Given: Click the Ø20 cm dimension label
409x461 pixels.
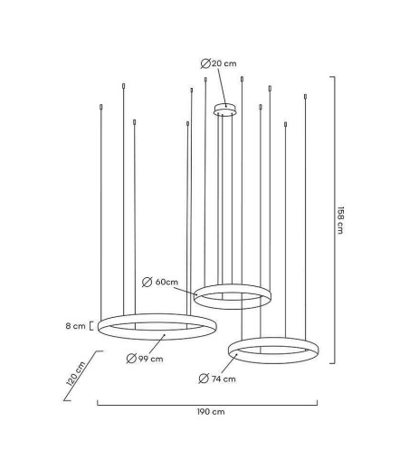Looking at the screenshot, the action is pyautogui.click(x=219, y=63).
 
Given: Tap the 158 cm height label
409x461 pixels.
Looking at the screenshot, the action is pyautogui.click(x=340, y=220).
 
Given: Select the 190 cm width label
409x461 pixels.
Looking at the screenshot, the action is pyautogui.click(x=211, y=412).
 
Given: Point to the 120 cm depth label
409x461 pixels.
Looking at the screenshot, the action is pyautogui.click(x=76, y=374).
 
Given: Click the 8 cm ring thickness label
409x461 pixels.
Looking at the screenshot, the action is pyautogui.click(x=75, y=326).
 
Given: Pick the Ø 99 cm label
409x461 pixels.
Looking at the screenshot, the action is pyautogui.click(x=145, y=359).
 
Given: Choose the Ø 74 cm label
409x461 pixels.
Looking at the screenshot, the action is pyautogui.click(x=217, y=379).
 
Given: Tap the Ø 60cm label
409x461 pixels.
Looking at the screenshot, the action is pyautogui.click(x=160, y=283).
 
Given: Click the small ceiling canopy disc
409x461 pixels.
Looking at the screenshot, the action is pyautogui.click(x=225, y=110).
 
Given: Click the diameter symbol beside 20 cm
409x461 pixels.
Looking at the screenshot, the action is pyautogui.click(x=205, y=63).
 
